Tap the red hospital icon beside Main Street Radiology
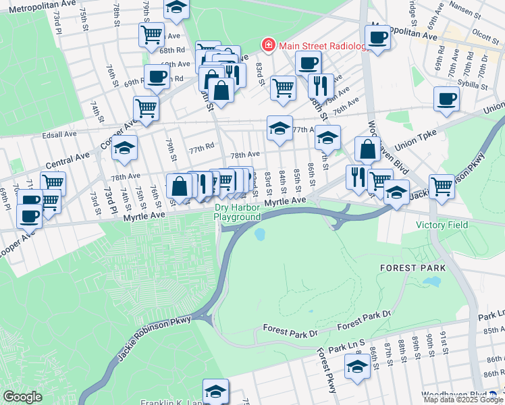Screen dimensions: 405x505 pyautogui.click(x=269, y=45)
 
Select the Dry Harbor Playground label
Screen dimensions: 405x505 pyautogui.click(x=237, y=213)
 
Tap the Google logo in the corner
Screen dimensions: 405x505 pyautogui.click(x=22, y=397)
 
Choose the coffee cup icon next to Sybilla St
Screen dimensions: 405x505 pyautogui.click(x=446, y=99)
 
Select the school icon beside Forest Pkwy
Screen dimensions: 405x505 pyautogui.click(x=357, y=366)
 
